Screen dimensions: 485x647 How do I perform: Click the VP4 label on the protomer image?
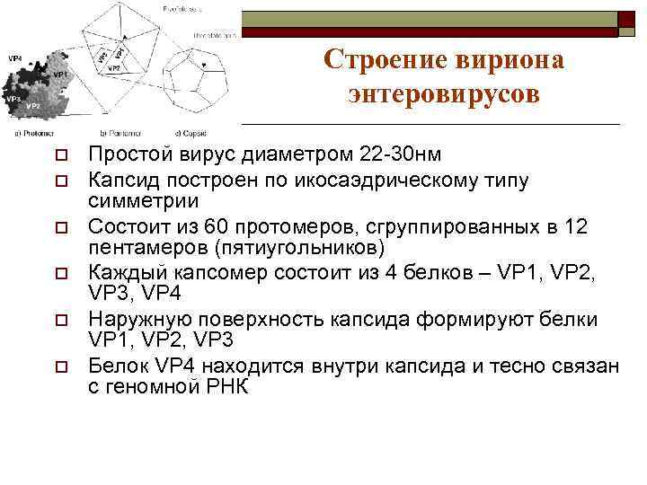tap(15, 58)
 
